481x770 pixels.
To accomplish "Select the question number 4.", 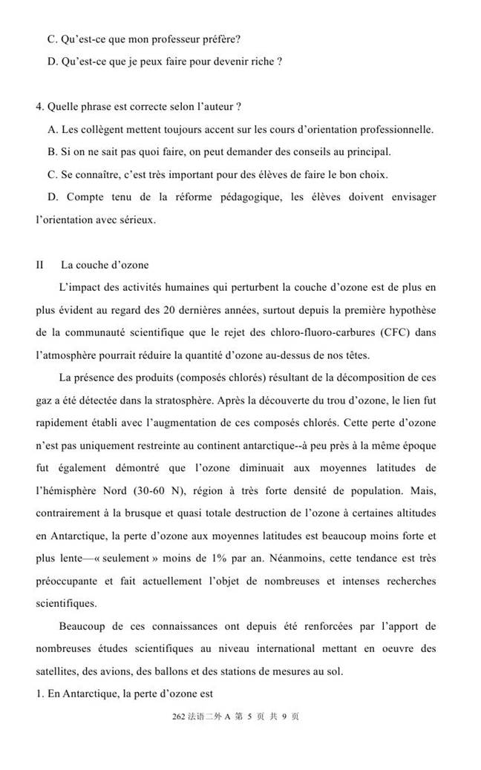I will pos(39,107).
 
